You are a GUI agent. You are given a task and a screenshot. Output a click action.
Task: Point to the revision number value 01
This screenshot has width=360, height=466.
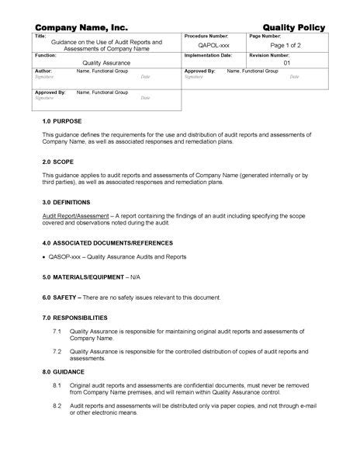coord(286,64)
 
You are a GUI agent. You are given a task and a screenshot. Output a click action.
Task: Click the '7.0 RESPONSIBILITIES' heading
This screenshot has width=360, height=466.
coord(75,318)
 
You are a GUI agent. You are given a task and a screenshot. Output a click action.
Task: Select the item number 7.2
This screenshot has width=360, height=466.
coord(57,351)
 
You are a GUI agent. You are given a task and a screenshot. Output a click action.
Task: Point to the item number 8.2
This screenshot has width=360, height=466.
coord(57,405)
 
